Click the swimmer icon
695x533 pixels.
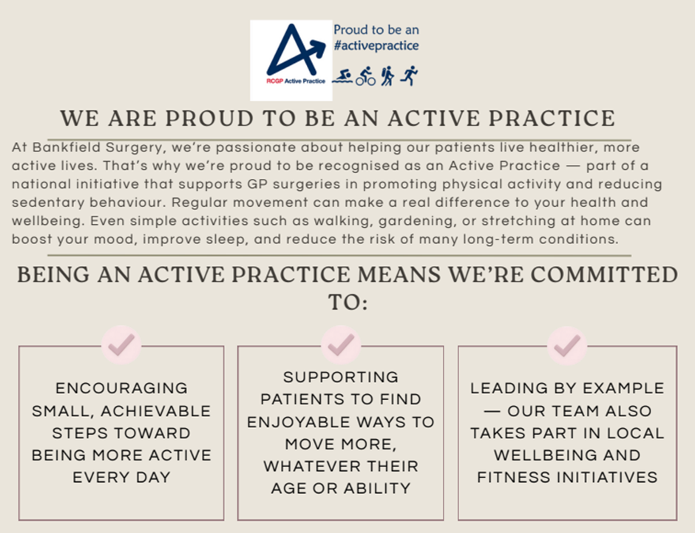[342, 76]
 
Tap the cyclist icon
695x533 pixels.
[366, 76]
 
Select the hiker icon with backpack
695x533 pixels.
[387, 75]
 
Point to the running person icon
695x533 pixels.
[409, 75]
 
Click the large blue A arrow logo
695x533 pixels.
[295, 50]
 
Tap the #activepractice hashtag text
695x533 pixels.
[376, 45]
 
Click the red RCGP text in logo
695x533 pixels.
[274, 81]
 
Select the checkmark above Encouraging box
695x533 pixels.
[121, 344]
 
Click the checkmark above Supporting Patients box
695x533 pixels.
[341, 344]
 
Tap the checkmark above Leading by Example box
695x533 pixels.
[567, 345]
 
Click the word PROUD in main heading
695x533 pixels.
[209, 118]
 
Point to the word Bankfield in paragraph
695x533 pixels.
[67, 147]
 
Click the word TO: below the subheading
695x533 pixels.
[348, 302]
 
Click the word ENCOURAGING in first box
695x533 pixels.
[121, 388]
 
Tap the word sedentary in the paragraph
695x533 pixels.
[48, 203]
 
